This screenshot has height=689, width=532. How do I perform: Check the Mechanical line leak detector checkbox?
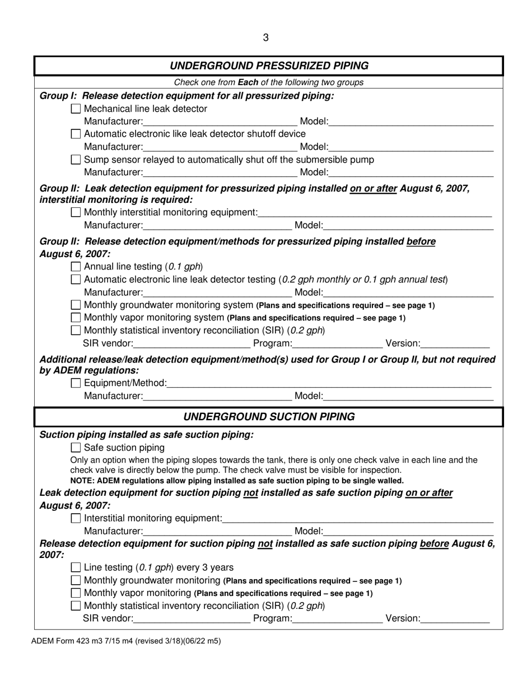click(x=77, y=109)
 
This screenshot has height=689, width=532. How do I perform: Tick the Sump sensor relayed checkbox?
click(x=77, y=160)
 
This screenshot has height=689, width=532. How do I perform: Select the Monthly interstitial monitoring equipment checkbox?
click(x=77, y=212)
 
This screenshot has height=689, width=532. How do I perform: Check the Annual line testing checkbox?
click(x=77, y=266)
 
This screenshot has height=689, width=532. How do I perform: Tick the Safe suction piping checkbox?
click(x=77, y=448)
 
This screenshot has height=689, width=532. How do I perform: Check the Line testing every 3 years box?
click(x=77, y=567)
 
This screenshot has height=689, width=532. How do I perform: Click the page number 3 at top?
click(x=265, y=38)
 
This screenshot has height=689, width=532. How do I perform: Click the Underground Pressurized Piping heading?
click(x=269, y=66)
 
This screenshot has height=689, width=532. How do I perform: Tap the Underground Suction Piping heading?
click(x=269, y=417)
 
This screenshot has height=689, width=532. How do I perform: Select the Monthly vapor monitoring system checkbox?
click(x=77, y=318)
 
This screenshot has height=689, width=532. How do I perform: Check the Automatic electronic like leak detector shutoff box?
click(x=77, y=134)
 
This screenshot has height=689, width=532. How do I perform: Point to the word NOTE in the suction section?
click(x=82, y=481)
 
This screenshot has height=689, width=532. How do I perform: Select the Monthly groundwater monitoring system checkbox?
click(x=77, y=305)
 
